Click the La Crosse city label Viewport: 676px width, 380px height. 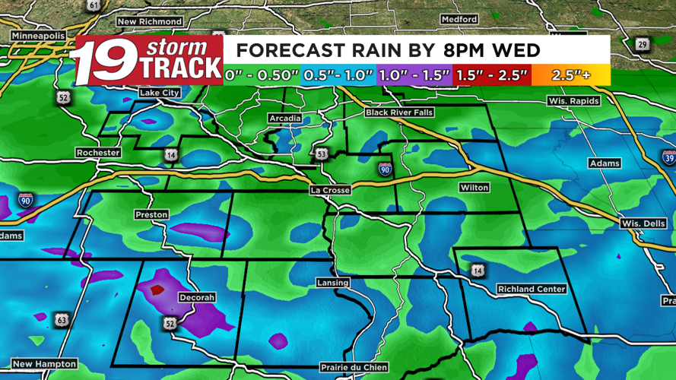click(329, 190)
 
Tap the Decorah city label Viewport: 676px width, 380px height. click(196, 297)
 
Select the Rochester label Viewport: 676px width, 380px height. click(98, 153)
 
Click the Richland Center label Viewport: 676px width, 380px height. click(532, 289)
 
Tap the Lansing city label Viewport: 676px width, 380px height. click(332, 283)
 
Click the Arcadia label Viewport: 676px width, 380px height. click(285, 119)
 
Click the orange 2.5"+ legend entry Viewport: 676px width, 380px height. click(571, 75)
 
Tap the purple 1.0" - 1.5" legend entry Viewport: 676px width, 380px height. click(415, 75)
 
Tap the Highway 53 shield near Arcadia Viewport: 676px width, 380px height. click(322, 154)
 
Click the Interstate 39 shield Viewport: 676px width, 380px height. click(668, 158)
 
